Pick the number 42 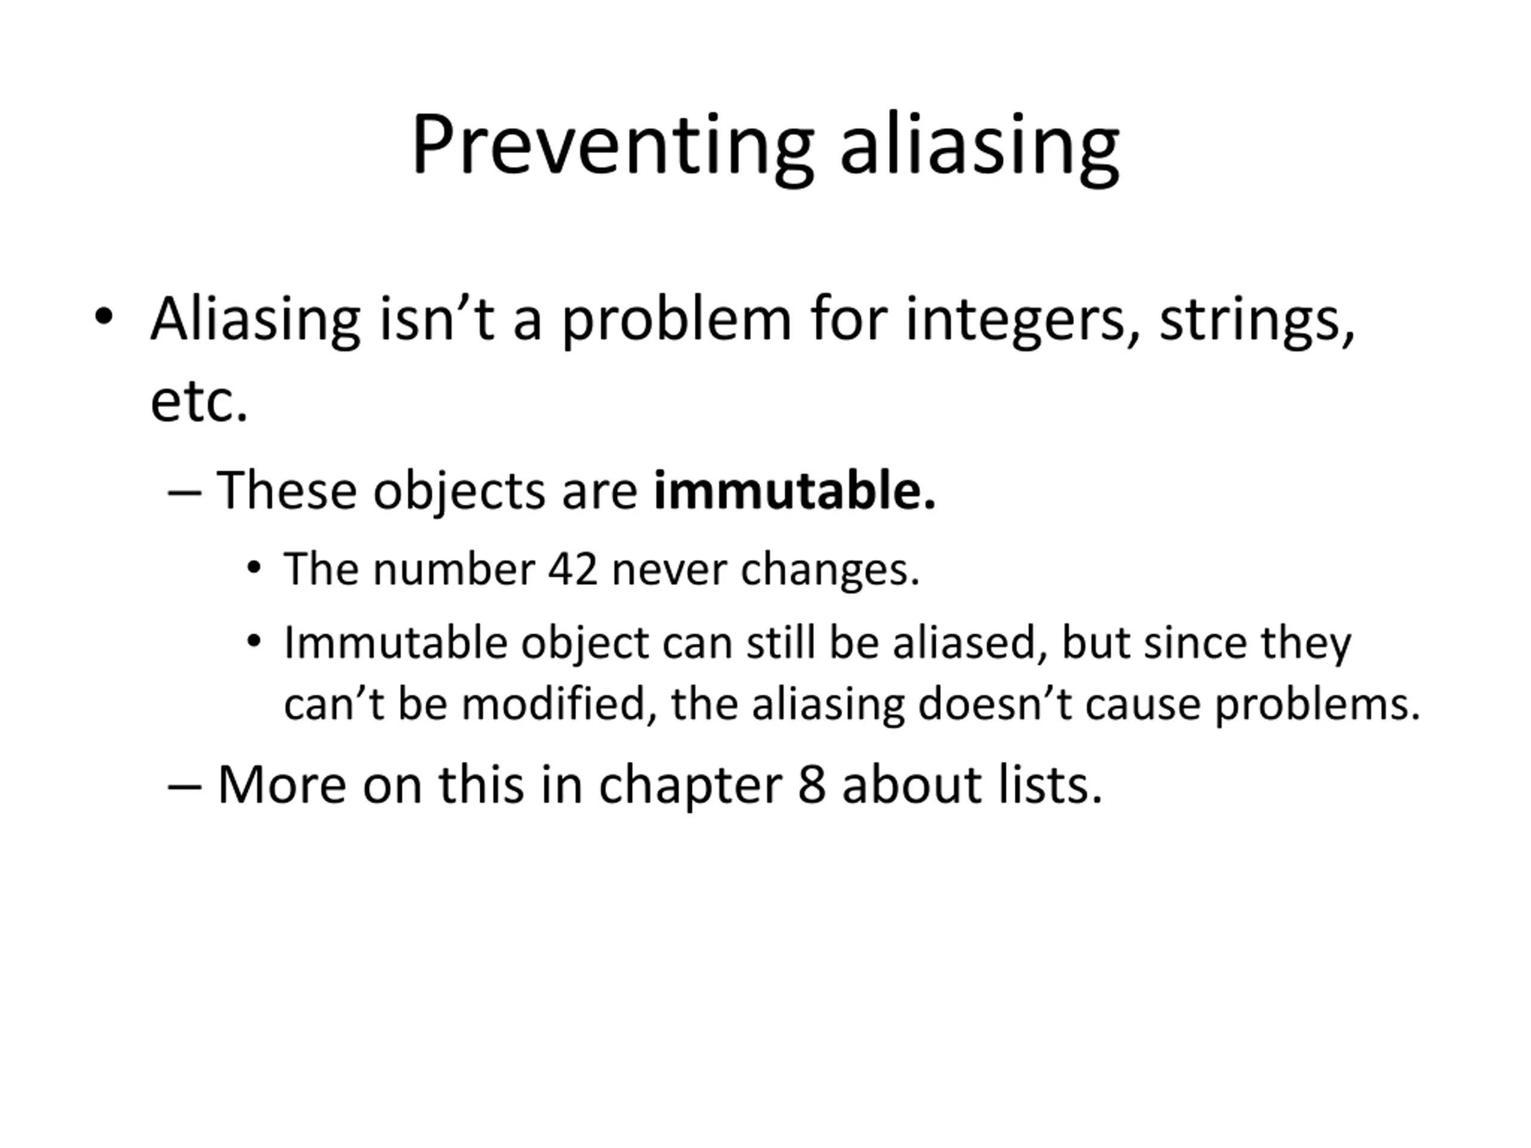(572, 569)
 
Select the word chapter (690, 786)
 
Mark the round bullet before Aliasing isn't (103, 317)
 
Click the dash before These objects (185, 494)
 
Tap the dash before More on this (185, 788)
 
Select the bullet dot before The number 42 (254, 568)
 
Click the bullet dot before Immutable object (254, 642)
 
